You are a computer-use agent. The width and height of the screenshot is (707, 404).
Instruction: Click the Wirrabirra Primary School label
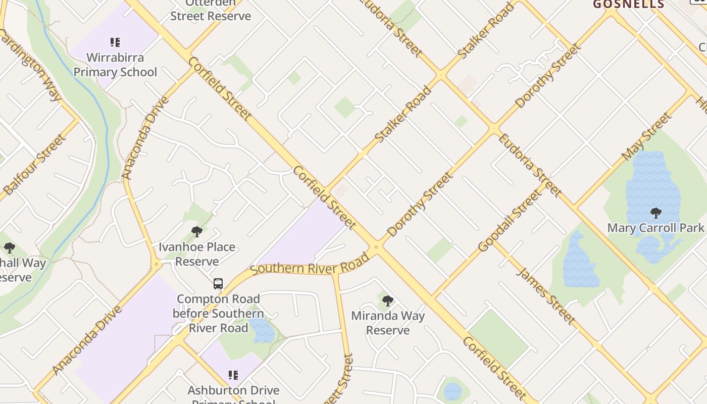click(x=115, y=65)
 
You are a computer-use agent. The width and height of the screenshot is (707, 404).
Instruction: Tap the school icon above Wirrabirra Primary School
click(x=115, y=42)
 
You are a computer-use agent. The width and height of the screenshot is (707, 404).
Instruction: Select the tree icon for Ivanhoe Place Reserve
click(x=197, y=232)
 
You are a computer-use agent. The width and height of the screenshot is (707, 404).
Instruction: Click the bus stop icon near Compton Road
click(x=218, y=284)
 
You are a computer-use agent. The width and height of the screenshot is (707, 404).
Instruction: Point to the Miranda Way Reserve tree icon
click(x=388, y=301)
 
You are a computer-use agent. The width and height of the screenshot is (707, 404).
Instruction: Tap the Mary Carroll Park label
click(x=655, y=228)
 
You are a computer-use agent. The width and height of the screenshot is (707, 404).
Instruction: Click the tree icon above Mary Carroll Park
click(x=656, y=213)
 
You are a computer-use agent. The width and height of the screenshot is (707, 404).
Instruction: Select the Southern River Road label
click(x=310, y=265)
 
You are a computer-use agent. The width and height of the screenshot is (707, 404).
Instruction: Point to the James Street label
click(x=546, y=295)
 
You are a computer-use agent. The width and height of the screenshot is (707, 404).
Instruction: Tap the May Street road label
click(x=647, y=136)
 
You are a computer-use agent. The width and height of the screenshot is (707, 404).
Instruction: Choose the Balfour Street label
click(x=35, y=165)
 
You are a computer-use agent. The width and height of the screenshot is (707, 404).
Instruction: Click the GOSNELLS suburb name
click(x=628, y=5)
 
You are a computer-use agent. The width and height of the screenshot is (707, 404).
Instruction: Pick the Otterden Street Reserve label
click(x=211, y=11)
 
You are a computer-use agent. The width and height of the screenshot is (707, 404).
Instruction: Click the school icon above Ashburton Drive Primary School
click(x=233, y=375)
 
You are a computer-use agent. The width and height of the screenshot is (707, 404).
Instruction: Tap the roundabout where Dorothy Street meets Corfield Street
click(x=375, y=247)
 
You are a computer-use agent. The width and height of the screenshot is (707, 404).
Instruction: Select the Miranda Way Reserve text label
click(x=388, y=323)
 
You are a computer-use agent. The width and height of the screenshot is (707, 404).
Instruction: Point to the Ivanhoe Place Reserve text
click(x=197, y=254)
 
